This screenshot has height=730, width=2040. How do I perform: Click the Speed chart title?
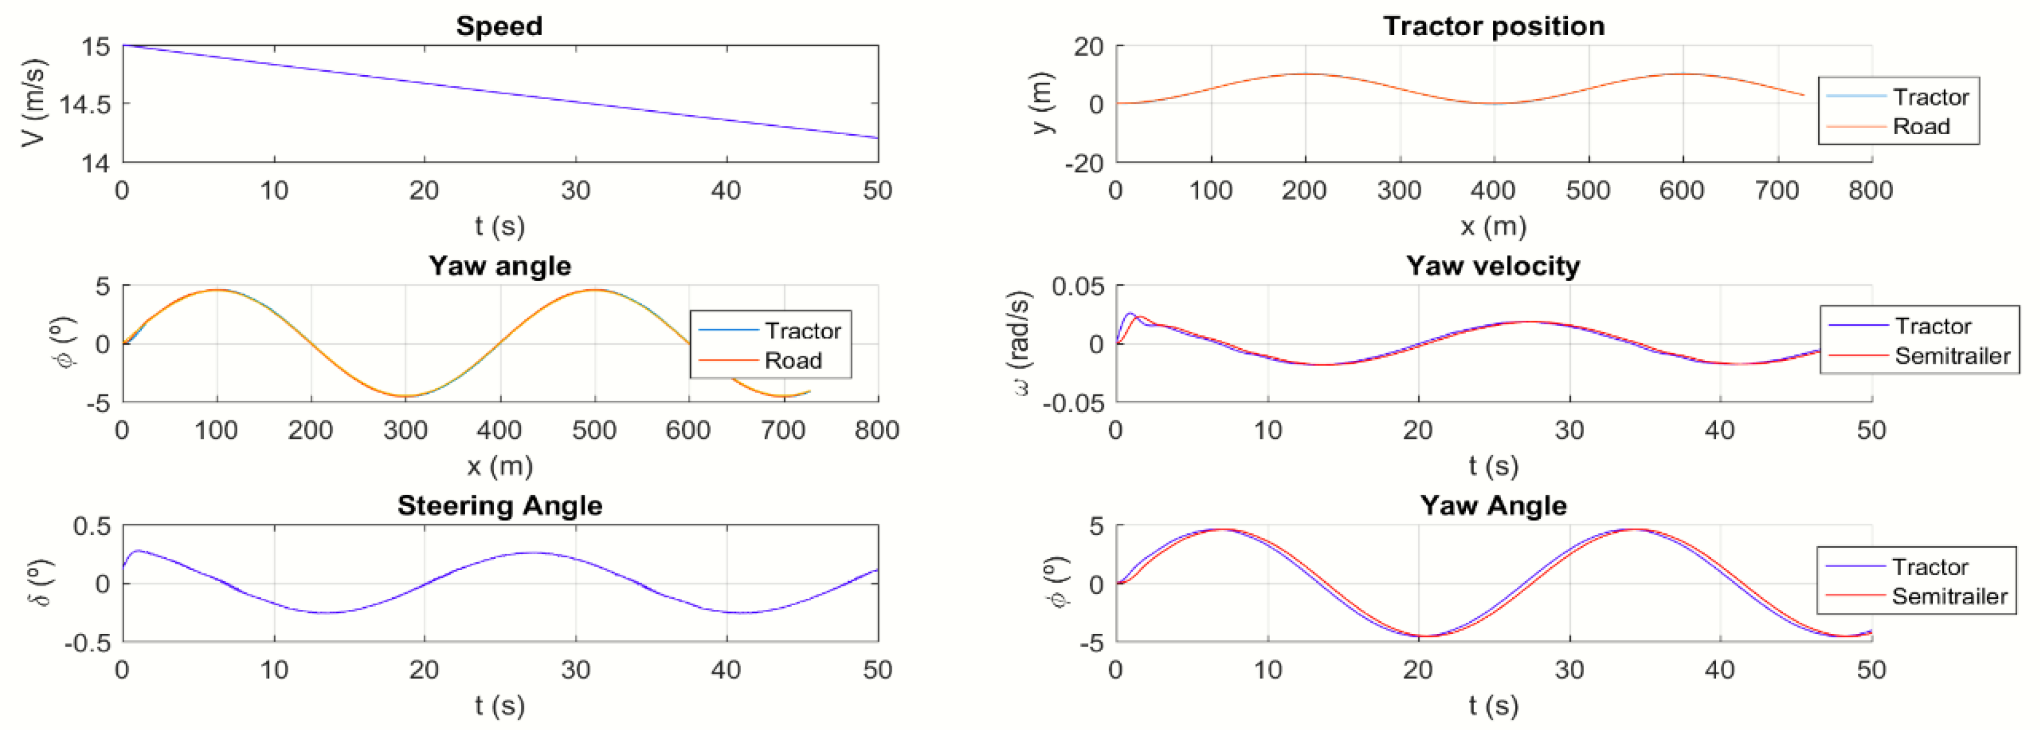[499, 26]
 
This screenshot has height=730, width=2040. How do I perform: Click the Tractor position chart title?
[1493, 26]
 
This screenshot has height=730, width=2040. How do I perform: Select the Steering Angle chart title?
[500, 505]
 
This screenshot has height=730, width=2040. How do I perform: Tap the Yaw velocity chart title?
[1493, 266]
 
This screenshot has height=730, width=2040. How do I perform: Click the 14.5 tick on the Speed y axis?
[85, 104]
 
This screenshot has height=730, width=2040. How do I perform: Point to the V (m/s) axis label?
[33, 103]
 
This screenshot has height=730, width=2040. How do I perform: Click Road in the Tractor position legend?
[1920, 127]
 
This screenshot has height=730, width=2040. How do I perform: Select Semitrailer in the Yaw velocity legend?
[1952, 356]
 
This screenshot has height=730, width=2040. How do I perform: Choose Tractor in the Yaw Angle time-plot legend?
[1929, 567]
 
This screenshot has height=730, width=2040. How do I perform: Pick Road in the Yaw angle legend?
[793, 361]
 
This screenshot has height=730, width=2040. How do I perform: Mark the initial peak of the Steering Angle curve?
[139, 550]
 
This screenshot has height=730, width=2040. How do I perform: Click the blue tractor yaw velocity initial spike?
[1130, 313]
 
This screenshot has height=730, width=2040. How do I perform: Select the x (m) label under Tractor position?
[1493, 227]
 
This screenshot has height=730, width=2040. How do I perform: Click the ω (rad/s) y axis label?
[1022, 343]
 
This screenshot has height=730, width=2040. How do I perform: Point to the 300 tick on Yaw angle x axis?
[405, 431]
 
